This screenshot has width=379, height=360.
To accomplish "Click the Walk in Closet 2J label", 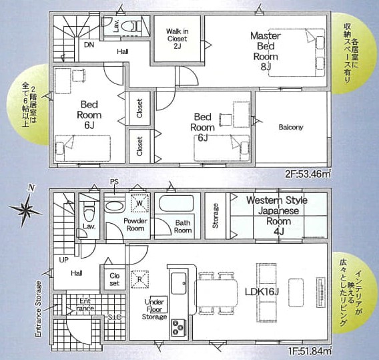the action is coord(177,39).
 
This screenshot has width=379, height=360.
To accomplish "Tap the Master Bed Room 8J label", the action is coord(266,51).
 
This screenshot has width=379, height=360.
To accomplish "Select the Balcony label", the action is coord(291,128).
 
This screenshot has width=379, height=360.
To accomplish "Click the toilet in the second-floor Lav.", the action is coord(131,26).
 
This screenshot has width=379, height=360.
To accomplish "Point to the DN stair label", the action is coord(89,45).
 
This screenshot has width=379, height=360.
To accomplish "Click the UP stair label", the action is coord(64,260).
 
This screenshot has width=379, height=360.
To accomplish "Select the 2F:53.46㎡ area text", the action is coord(308,174).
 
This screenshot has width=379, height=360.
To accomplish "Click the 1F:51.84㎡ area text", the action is coord(309,351).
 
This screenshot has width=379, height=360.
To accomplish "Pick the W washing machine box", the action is coord(139,203).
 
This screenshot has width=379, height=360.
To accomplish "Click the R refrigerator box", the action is coord(139,279).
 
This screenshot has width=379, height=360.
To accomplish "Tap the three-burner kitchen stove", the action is coord(179,327).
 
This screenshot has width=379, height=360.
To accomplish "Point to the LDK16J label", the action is coord(262,292).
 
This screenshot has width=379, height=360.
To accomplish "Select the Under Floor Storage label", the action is coord(154,309).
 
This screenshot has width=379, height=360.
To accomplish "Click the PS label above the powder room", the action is coord(114,182).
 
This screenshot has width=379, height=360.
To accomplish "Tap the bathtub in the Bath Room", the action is coord(176,204).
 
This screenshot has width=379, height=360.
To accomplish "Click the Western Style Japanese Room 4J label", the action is coord(277,216).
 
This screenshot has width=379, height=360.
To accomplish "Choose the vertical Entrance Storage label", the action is coord(39,309).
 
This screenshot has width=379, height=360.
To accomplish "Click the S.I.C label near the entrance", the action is coord(115,317).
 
